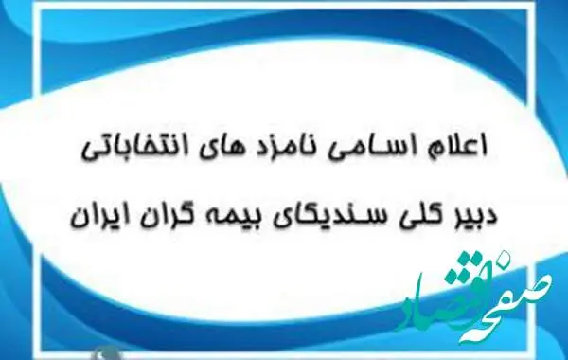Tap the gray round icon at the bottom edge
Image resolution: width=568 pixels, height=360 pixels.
pos(106,353)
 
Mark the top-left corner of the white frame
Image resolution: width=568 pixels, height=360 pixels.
pos(36,5)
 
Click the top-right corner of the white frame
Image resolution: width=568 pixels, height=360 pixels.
pos(532,5)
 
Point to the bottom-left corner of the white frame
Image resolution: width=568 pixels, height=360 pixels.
pos(36,355)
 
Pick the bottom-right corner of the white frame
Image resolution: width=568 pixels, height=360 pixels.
pos(532,355)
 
